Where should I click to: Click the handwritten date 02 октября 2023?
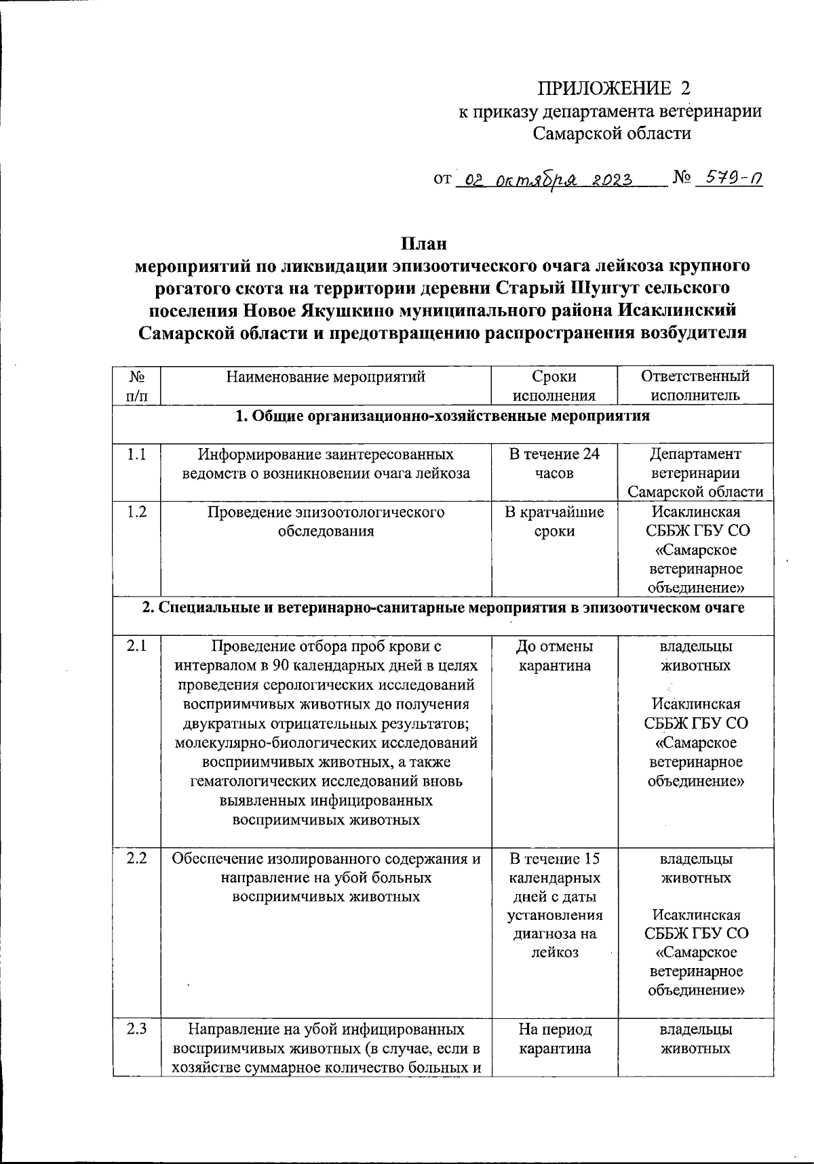545,179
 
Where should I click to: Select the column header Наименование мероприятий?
326,377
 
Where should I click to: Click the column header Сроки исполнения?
554,386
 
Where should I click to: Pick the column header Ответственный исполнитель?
695,386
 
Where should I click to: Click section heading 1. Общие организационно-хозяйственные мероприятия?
442,416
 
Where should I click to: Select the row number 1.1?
137,454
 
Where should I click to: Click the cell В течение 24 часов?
554,463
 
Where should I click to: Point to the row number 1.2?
137,512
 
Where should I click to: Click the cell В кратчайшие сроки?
554,521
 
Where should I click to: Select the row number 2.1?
137,647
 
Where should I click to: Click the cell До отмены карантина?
554,656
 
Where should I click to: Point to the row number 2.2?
137,859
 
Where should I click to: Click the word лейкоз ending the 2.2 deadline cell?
554,952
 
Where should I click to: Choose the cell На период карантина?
554,1039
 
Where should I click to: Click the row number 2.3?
137,1030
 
